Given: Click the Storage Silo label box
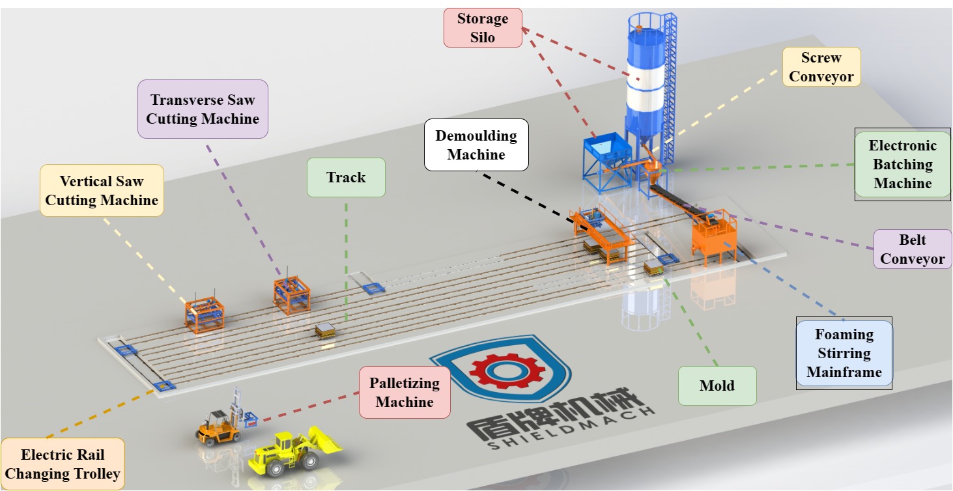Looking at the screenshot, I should tap(483, 28).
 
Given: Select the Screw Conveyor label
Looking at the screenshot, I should tap(821, 67).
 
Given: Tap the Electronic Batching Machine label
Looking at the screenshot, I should tap(902, 165).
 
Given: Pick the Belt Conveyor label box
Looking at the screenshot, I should tap(912, 249).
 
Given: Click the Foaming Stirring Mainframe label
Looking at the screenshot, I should tap(844, 354).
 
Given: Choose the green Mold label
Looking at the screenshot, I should tap(717, 386).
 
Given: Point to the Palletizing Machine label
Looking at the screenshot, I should tap(404, 393).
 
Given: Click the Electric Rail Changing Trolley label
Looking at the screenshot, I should tap(63, 464).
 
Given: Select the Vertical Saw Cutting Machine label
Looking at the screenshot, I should tap(102, 190).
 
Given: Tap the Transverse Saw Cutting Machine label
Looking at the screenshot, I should tap(202, 109).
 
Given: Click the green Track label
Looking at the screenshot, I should tap(346, 177).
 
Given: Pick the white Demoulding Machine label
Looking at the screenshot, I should tap(476, 145).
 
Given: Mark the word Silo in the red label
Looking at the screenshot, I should tap(483, 38).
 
